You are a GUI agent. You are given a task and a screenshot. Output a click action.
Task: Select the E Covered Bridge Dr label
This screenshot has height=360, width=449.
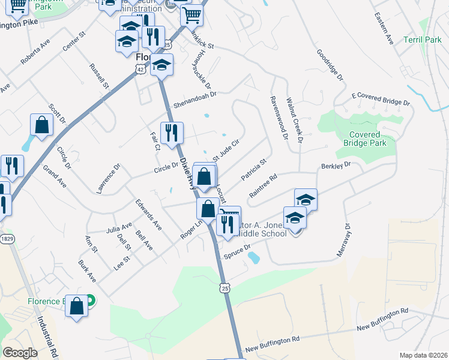tap(381, 99)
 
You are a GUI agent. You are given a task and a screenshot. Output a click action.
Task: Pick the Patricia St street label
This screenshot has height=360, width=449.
tap(253, 170)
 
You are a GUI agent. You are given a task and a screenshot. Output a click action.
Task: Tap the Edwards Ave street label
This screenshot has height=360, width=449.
tap(148, 214)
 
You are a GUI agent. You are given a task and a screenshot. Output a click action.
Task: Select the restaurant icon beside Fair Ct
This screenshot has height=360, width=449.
tap(172, 134)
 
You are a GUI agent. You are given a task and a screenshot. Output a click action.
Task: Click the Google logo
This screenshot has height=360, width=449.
tap(20, 353)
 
